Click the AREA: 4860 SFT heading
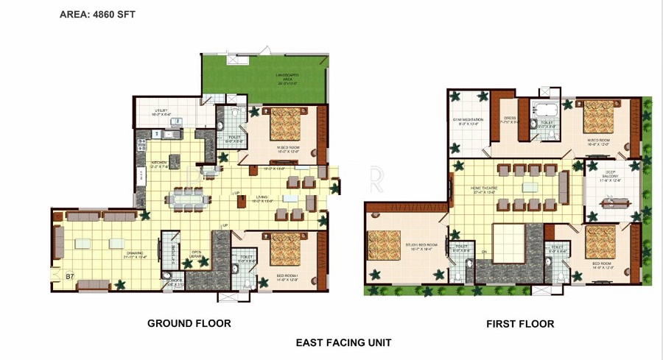click(x=97, y=13)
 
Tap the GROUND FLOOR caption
click(x=189, y=323)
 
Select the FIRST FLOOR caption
click(x=520, y=324)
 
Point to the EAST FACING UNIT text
click(x=343, y=342)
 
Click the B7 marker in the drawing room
click(x=70, y=276)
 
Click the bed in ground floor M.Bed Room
click(x=284, y=120)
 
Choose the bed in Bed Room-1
click(x=283, y=249)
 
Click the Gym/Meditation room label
click(x=468, y=121)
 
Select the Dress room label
click(x=510, y=120)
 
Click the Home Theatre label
click(x=485, y=191)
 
